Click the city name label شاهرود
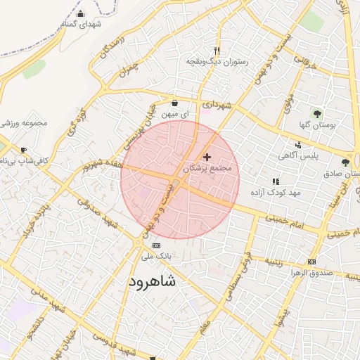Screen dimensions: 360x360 point(153,282)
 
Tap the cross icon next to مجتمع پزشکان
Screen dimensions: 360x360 point(207,157)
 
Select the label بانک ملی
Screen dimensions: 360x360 point(156,257)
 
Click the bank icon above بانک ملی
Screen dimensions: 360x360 point(156,245)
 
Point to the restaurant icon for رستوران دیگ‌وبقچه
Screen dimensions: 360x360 point(217,51)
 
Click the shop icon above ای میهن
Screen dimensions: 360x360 point(174,103)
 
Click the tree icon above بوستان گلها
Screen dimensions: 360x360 point(317,112)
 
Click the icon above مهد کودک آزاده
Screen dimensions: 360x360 point(276,181)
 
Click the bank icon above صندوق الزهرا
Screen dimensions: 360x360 point(311,262)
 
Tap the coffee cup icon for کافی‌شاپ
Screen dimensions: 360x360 point(23,150)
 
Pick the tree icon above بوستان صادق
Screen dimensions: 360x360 point(345,162)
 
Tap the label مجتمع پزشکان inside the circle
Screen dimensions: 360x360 point(207,169)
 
